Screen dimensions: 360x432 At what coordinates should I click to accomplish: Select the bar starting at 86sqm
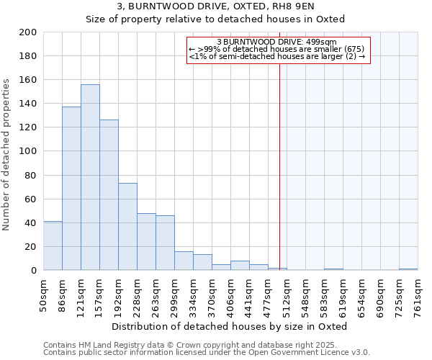tap(71, 189)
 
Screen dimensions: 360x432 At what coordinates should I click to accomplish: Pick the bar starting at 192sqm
tap(127, 227)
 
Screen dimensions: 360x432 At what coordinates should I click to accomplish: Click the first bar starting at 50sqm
tap(53, 246)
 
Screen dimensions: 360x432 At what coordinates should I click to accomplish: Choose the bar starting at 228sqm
tap(146, 242)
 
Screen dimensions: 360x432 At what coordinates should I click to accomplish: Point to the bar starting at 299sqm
tap(184, 261)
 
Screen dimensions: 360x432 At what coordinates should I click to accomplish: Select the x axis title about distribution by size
tap(230, 326)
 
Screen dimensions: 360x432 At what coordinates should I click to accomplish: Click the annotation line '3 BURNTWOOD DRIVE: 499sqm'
tap(277, 42)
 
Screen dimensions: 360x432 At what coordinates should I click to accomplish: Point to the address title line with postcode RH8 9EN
tap(215, 6)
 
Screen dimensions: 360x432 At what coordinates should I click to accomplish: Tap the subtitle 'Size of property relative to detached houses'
tap(215, 19)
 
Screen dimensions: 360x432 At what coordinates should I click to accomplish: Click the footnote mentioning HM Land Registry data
tap(206, 345)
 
